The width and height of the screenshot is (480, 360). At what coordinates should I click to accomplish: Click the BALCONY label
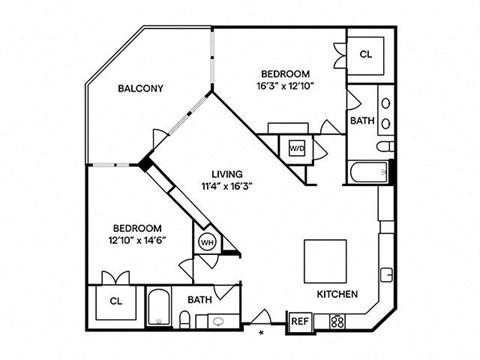(x=140, y=88)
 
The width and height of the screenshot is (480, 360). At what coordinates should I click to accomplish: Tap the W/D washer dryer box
(x=297, y=146)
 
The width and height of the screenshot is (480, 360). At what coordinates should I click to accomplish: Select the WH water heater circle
(x=207, y=241)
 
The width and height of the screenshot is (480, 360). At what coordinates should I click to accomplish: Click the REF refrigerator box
(x=299, y=321)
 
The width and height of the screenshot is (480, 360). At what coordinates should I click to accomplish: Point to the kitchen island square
(x=327, y=259)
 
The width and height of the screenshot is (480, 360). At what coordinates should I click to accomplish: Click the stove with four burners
(x=337, y=321)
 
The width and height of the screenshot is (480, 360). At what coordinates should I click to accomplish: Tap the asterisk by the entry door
(x=262, y=331)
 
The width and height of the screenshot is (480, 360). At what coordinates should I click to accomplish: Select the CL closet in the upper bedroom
(x=365, y=55)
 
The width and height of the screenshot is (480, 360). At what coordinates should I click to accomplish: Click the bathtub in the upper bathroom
(x=368, y=172)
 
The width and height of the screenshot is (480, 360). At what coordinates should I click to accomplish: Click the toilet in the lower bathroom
(x=186, y=319)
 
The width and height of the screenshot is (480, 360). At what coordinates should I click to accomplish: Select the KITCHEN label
(x=337, y=295)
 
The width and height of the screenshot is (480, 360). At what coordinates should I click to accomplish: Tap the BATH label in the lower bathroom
(x=199, y=298)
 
